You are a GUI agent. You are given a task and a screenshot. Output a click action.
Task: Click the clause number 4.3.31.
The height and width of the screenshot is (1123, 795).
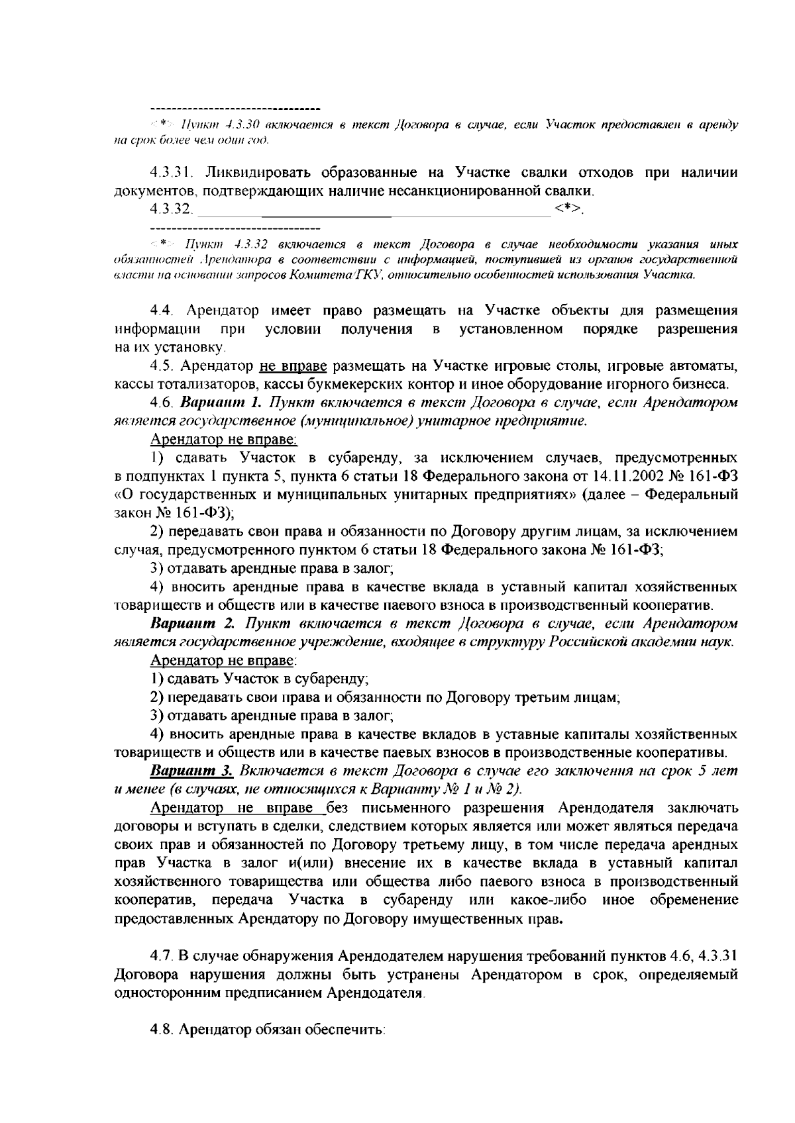coord(171,173)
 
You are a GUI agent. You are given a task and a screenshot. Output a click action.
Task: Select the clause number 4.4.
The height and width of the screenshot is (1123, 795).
coord(164,311)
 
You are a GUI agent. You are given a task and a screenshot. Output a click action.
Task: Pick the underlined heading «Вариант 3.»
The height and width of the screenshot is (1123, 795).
coord(192,771)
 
